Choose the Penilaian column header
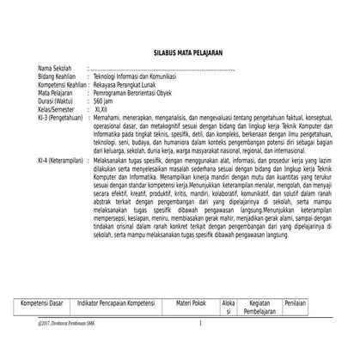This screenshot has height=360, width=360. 296,303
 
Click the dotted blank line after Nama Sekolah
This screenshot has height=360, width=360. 163,68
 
